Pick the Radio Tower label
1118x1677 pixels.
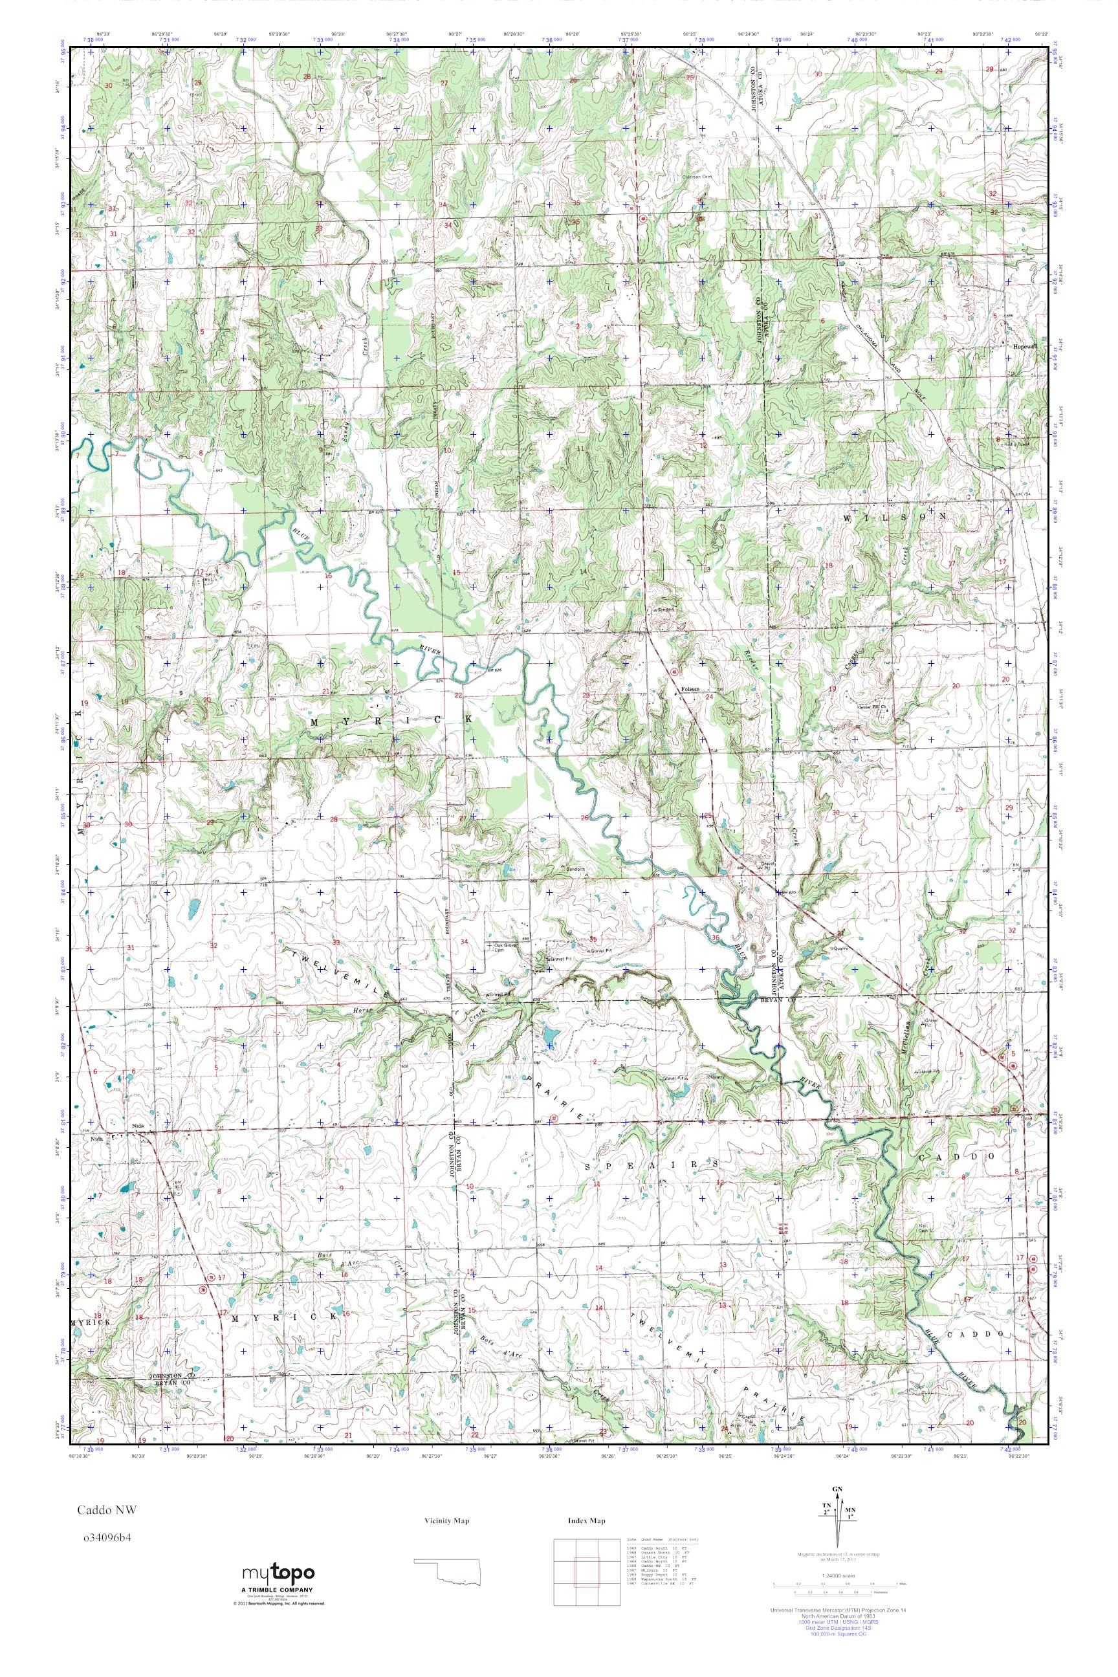click(1018, 443)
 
